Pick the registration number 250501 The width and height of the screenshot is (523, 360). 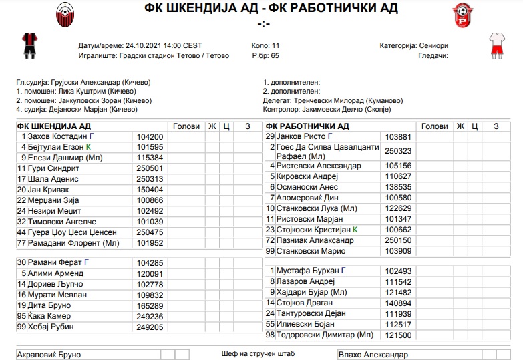(150, 169)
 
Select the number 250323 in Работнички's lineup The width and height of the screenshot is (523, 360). (398, 151)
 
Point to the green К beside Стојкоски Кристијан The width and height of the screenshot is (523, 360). (355, 230)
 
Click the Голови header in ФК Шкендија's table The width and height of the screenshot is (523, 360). (186, 126)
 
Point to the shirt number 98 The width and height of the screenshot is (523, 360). (271, 335)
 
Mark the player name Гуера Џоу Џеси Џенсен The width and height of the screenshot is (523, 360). (72, 232)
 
